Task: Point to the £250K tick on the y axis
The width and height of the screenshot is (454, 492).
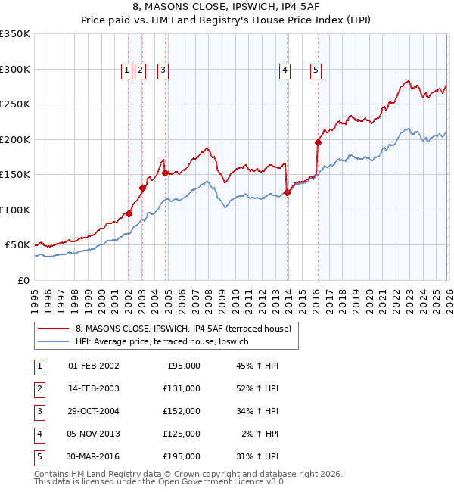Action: (x=15, y=104)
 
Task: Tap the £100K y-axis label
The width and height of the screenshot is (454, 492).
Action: (x=15, y=210)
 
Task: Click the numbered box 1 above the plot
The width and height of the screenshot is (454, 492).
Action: (x=126, y=70)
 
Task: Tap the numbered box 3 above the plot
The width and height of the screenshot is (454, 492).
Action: (x=163, y=70)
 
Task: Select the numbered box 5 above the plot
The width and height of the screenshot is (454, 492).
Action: (x=316, y=70)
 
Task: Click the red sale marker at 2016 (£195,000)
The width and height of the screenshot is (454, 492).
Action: (x=318, y=142)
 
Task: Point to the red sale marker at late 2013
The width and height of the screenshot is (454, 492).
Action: (x=287, y=192)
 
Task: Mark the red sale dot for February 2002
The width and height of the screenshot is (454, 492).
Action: (x=129, y=213)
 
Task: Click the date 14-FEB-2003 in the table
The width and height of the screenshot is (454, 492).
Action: (x=93, y=388)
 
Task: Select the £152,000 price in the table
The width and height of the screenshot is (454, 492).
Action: (x=182, y=411)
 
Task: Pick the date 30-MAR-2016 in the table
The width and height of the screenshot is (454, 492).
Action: (x=93, y=456)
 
